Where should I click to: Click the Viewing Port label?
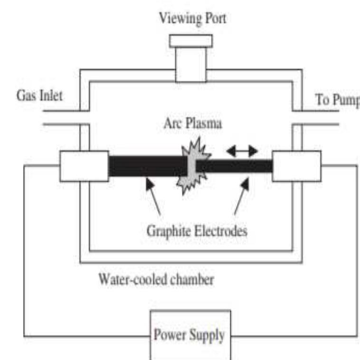(192, 18)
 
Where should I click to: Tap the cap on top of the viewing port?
(192, 41)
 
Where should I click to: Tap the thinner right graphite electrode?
(235, 166)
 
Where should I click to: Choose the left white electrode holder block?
(84, 166)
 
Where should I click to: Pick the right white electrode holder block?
(296, 166)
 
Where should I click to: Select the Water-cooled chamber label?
(156, 279)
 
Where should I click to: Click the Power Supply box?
(190, 335)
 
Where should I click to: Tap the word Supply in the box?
(208, 335)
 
